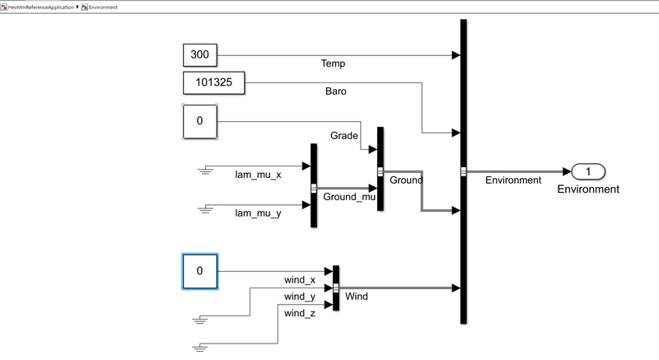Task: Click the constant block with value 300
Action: tap(199, 56)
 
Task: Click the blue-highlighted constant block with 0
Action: tap(199, 272)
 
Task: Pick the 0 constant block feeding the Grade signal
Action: tap(199, 121)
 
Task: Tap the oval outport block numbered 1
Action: tap(588, 171)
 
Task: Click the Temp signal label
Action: tap(333, 63)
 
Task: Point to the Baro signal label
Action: tap(335, 91)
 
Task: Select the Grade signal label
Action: tap(344, 135)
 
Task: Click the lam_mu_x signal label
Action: tap(258, 175)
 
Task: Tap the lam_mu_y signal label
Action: tap(258, 213)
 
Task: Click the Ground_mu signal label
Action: tap(349, 198)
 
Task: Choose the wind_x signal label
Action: tap(300, 280)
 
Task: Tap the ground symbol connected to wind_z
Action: tap(198, 348)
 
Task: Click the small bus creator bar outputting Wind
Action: tap(335, 288)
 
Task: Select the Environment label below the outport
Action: tap(588, 189)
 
